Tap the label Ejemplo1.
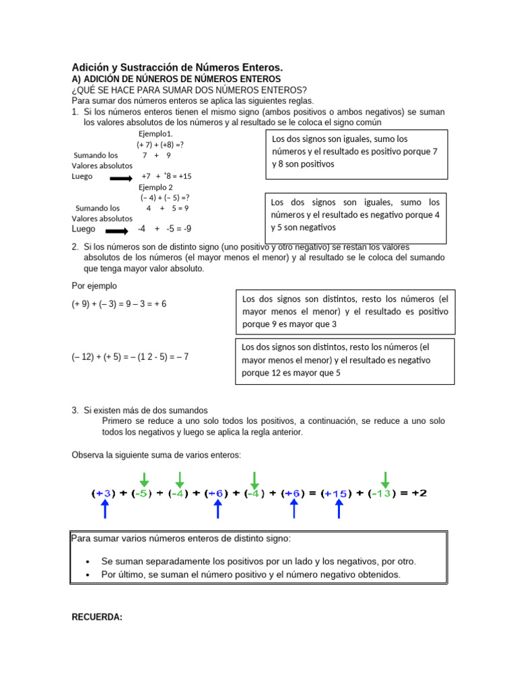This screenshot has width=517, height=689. (156, 134)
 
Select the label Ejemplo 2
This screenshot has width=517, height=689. (156, 187)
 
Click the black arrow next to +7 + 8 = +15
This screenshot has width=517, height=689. (121, 178)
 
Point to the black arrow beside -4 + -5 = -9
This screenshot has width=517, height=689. (121, 230)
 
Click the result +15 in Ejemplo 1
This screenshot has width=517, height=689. (183, 176)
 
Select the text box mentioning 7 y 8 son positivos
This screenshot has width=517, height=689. (357, 154)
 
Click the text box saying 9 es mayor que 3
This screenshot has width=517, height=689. (345, 311)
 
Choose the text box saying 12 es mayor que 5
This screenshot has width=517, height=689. (345, 361)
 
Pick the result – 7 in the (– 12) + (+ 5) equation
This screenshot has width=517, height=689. (180, 357)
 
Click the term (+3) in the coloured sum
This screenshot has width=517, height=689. (104, 493)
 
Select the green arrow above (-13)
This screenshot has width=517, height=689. (385, 479)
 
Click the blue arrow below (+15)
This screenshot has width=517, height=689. (339, 509)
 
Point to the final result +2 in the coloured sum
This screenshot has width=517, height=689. (418, 493)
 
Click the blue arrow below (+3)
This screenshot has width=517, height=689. (106, 509)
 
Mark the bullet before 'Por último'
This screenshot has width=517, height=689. (88, 575)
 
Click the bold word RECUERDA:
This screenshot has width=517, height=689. (97, 617)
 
